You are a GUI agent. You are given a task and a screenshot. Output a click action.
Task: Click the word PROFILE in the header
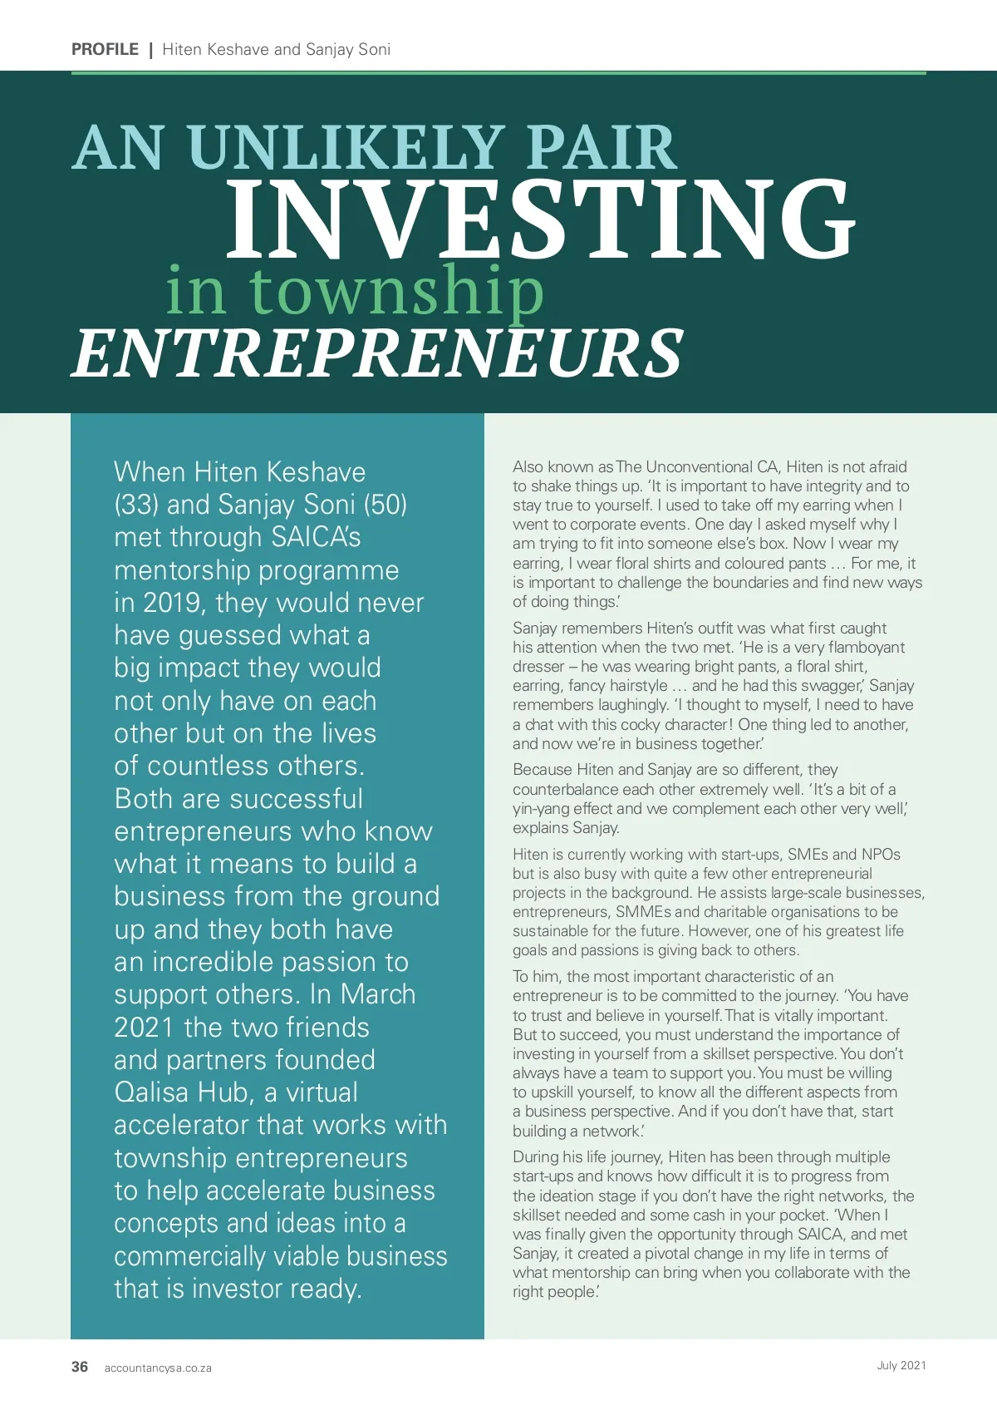[105, 49]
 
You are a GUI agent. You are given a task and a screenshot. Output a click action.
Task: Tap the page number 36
[80, 1367]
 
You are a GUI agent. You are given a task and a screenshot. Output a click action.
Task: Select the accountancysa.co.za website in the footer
[158, 1368]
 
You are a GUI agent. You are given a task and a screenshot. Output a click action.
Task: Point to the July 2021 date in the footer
[901, 1365]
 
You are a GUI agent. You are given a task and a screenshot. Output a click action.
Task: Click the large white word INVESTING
[540, 218]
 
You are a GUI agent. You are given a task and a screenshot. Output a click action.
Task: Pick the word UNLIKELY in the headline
[346, 148]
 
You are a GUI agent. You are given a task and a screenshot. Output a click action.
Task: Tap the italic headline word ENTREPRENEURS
[378, 352]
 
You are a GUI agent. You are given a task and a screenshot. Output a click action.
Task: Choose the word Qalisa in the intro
[152, 1092]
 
